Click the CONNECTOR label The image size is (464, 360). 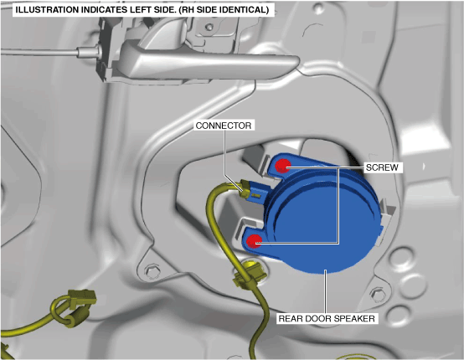224,126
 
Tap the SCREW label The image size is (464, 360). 382,167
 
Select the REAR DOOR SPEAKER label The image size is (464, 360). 327,319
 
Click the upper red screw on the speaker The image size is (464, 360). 282,166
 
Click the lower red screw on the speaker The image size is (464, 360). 254,241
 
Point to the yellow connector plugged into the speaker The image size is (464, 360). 246,189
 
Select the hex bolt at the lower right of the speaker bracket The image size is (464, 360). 377,293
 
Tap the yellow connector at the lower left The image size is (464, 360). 83,296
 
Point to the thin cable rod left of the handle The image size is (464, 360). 40,53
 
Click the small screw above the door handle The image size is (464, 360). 209,28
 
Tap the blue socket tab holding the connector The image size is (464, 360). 260,193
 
